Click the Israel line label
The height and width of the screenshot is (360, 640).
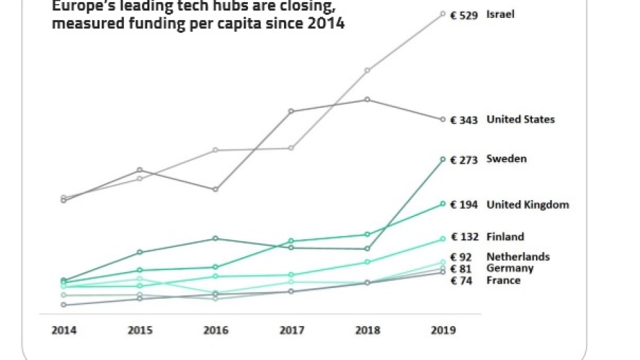pos(501,14)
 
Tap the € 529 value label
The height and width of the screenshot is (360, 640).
pos(464,15)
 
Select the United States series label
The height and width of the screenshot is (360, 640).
pos(521,120)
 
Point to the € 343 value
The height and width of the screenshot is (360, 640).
pos(464,120)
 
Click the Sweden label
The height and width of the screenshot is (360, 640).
pos(507,159)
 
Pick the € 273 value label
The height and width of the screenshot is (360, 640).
pos(464,160)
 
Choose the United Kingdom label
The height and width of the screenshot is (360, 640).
pos(527,205)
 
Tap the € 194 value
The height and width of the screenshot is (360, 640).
pos(464,205)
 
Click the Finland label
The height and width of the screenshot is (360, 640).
pos(505,237)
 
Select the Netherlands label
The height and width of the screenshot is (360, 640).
pos(518,257)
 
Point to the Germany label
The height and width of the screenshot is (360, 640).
pos(510,269)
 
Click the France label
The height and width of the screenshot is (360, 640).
pos(503,281)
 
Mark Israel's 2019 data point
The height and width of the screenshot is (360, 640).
pos(443,13)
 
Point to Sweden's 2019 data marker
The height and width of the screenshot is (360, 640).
pos(443,159)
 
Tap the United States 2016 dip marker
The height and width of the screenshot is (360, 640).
pos(215,189)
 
